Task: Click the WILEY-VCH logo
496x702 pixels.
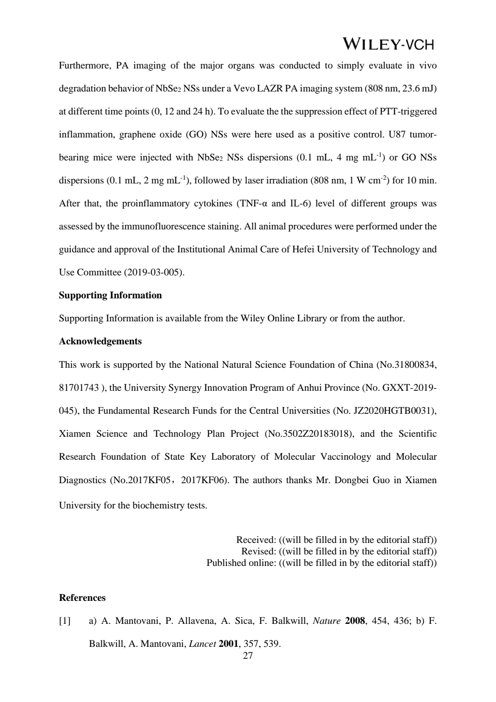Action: (x=388, y=44)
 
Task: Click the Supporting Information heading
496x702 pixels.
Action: (x=110, y=296)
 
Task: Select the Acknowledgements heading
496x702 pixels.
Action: (x=100, y=342)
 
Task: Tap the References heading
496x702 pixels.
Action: (x=82, y=598)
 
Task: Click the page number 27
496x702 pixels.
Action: (x=248, y=656)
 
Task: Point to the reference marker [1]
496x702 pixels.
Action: (x=65, y=622)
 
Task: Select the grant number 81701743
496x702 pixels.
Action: (x=79, y=388)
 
